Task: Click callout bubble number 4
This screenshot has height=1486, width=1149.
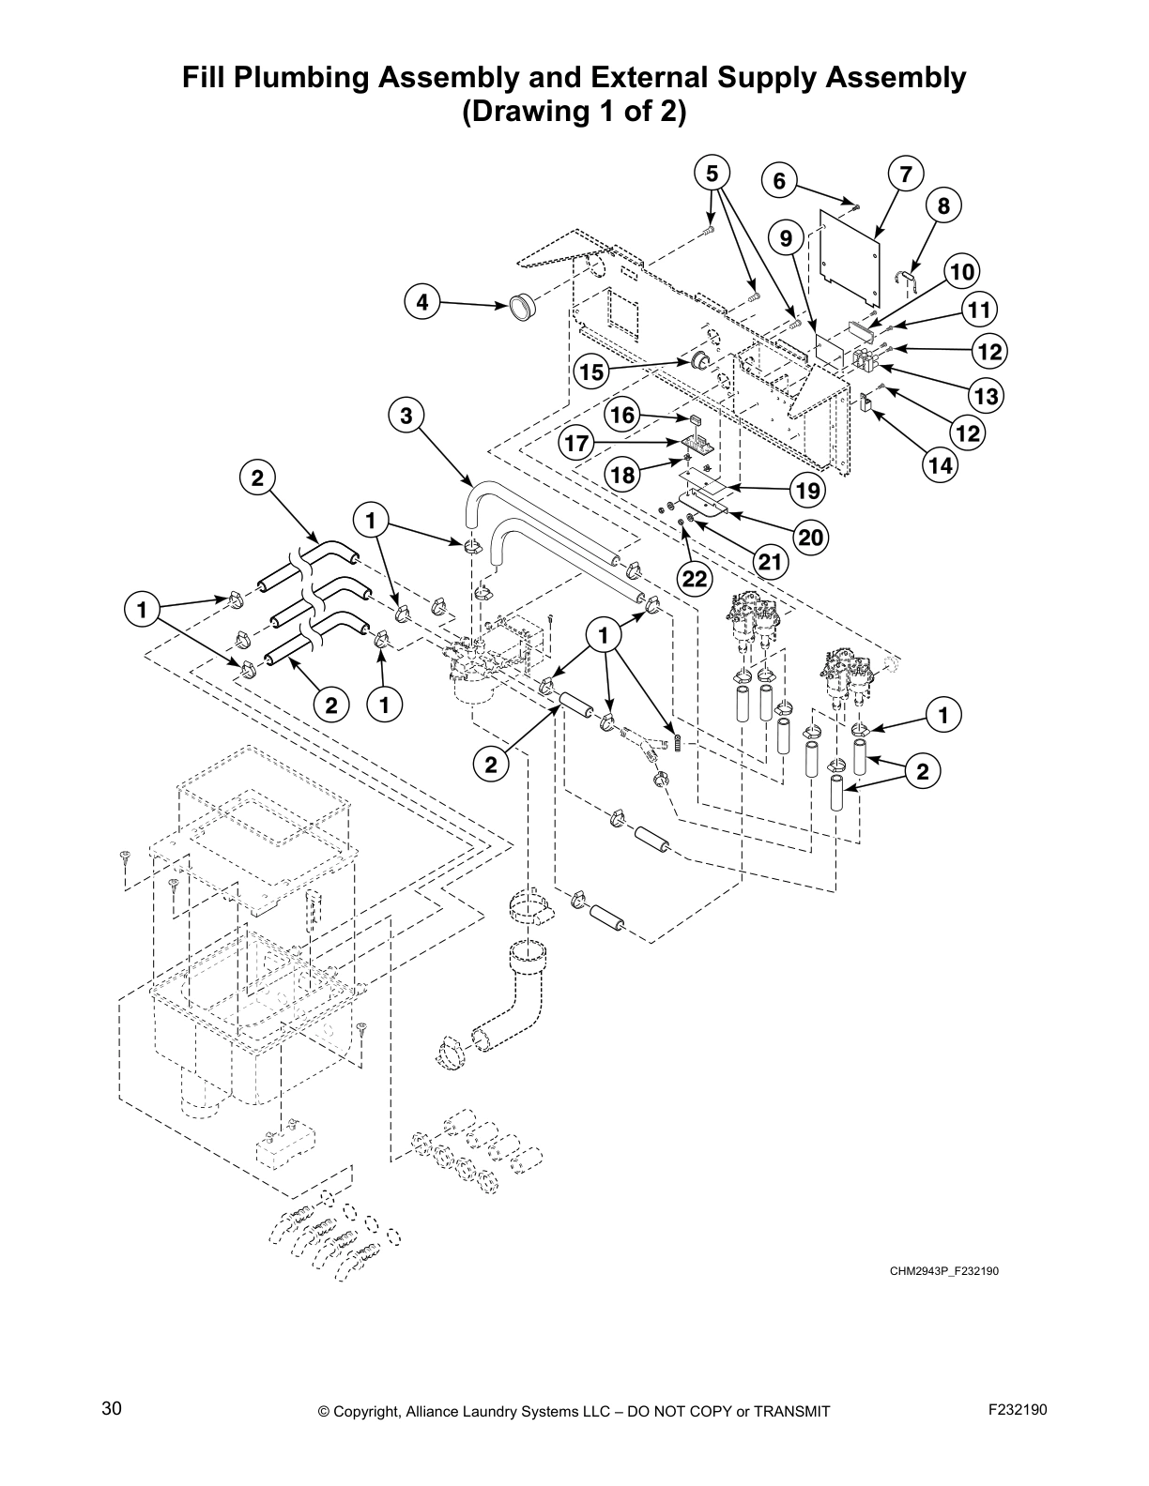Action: pyautogui.click(x=422, y=302)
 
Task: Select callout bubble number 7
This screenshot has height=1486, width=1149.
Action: pyautogui.click(x=905, y=174)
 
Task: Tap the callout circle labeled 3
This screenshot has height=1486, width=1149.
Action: pyautogui.click(x=406, y=416)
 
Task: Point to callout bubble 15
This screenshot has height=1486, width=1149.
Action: pyautogui.click(x=591, y=372)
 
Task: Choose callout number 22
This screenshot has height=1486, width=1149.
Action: pyautogui.click(x=694, y=579)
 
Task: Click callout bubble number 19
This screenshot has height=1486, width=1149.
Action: pyautogui.click(x=806, y=490)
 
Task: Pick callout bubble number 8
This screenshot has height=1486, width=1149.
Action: pyautogui.click(x=943, y=206)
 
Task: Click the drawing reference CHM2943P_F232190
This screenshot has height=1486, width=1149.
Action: pyautogui.click(x=938, y=1271)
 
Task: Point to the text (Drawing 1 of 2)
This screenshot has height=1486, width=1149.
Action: pyautogui.click(x=574, y=112)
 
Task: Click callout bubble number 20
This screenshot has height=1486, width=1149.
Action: pyautogui.click(x=812, y=536)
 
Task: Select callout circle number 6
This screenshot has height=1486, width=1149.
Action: pyautogui.click(x=779, y=181)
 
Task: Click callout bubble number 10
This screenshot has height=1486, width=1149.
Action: pyautogui.click(x=960, y=273)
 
